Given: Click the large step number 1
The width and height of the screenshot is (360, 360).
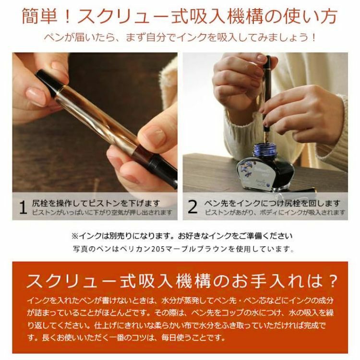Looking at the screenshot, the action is point(23,207).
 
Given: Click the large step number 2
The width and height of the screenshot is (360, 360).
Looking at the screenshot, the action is point(192,207).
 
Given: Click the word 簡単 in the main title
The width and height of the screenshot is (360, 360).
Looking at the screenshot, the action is point(40,16).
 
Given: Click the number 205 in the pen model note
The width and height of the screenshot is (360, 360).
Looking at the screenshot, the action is point(158,249).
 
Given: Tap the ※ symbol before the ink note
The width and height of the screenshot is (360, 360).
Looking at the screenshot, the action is point(75,236).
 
